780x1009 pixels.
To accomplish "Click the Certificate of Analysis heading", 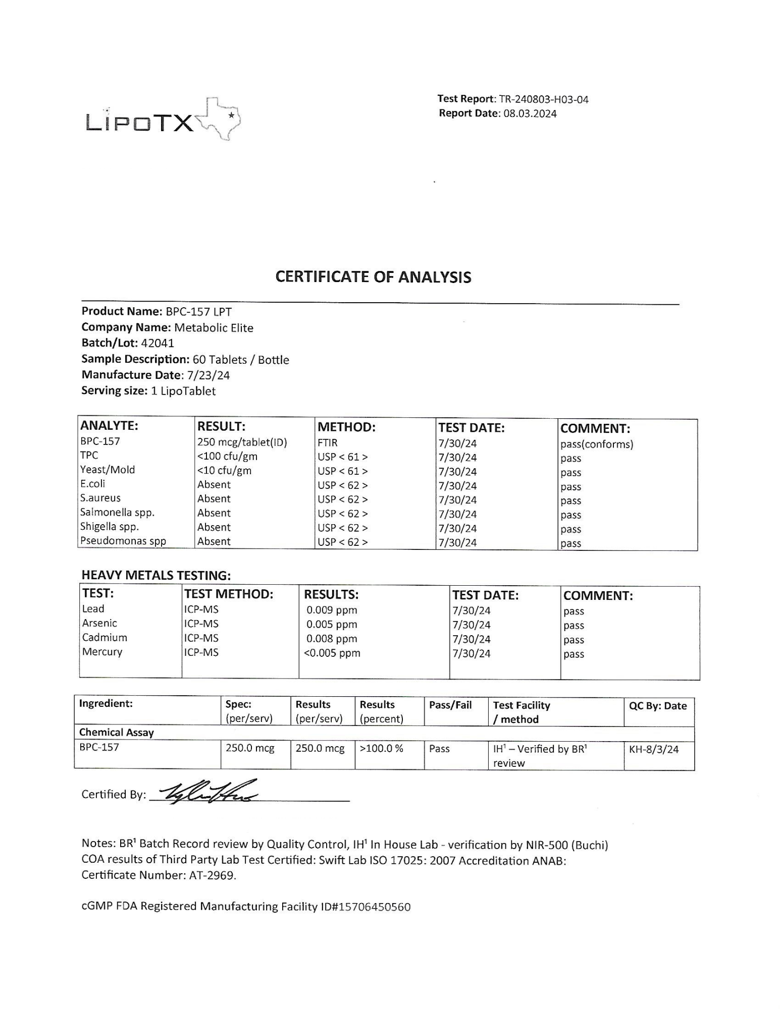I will (x=373, y=277).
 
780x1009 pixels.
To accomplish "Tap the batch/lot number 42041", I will (x=158, y=343).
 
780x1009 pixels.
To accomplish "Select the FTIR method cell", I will (x=328, y=442).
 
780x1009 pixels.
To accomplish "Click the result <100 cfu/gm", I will (x=227, y=457).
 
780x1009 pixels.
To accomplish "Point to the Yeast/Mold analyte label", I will (x=108, y=470).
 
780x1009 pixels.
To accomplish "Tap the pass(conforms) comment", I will (x=596, y=444).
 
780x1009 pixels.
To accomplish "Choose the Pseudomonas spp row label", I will (x=123, y=541).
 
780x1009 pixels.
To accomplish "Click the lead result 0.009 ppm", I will (x=332, y=610).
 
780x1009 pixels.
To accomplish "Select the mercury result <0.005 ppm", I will (x=332, y=653).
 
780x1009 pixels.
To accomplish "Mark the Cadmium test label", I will (x=105, y=637).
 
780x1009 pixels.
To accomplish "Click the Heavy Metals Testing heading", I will (x=156, y=575).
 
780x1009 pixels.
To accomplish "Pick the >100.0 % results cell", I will (x=381, y=748).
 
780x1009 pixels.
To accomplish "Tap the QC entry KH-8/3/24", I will (x=654, y=749).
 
